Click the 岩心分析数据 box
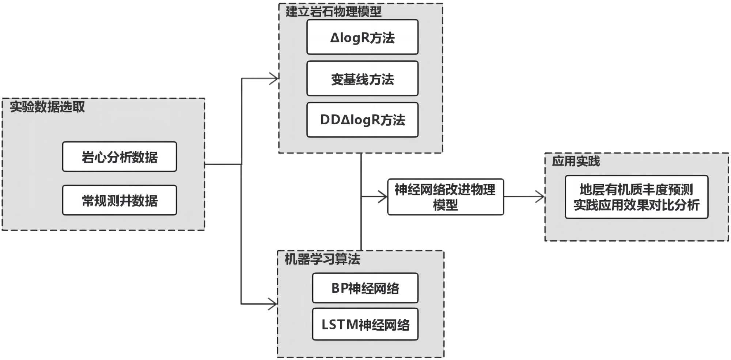pos(119,157)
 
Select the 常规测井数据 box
pos(119,200)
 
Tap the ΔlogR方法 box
pos(362,37)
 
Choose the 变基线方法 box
pos(362,79)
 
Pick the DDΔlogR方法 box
pos(362,120)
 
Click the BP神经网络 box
pos(365,288)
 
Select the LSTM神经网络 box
pos(365,325)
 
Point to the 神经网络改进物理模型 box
pos(445,197)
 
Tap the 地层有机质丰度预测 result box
pos(636,197)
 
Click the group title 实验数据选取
pos(48,107)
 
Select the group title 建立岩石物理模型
pos(333,12)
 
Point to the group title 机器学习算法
pos(322,259)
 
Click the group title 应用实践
pos(576,161)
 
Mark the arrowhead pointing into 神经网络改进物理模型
pos(383,197)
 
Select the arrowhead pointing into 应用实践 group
pos(541,197)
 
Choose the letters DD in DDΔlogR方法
pos(330,120)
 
